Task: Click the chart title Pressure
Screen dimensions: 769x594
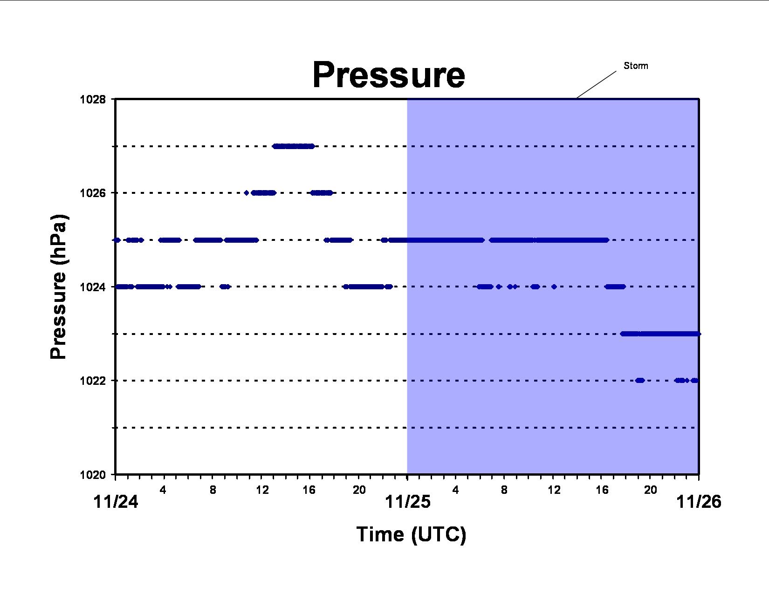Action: [x=389, y=75]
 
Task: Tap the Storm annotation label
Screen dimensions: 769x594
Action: [x=636, y=66]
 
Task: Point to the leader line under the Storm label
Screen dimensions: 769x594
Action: [x=596, y=84]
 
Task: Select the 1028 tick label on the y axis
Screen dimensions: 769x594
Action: [x=93, y=99]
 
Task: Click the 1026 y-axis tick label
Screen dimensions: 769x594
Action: [x=93, y=193]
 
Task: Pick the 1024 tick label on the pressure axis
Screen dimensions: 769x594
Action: [x=93, y=287]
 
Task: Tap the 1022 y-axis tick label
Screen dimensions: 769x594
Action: [x=93, y=381]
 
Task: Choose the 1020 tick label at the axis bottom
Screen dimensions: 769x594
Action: [x=93, y=475]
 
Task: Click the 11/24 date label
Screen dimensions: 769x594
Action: [x=116, y=502]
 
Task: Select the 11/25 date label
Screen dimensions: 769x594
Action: [x=407, y=502]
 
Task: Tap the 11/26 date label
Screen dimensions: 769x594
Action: [x=699, y=502]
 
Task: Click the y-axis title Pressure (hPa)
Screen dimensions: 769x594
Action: [x=58, y=287]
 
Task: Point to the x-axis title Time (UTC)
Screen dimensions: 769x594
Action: [x=411, y=534]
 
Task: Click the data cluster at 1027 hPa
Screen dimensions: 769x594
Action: [x=293, y=146]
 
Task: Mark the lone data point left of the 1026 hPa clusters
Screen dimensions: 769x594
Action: [x=247, y=193]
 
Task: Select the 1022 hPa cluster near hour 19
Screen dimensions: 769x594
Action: [x=640, y=381]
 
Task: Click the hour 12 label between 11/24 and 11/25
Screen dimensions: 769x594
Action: [x=262, y=490]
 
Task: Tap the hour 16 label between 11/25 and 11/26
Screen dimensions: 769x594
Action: [x=602, y=490]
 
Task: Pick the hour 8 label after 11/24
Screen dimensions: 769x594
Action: [x=213, y=490]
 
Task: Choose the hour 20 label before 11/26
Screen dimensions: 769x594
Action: [x=651, y=490]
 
